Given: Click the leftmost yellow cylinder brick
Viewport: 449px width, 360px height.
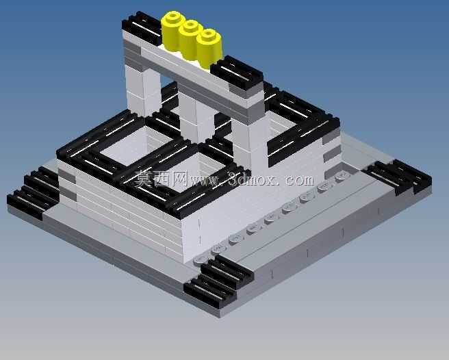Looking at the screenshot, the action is point(172,31).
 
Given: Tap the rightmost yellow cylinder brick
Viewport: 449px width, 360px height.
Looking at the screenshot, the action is point(209,48).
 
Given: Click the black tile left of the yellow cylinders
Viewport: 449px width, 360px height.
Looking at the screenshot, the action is point(142,27).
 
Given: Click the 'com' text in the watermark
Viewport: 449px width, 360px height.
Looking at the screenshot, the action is point(300,180).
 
